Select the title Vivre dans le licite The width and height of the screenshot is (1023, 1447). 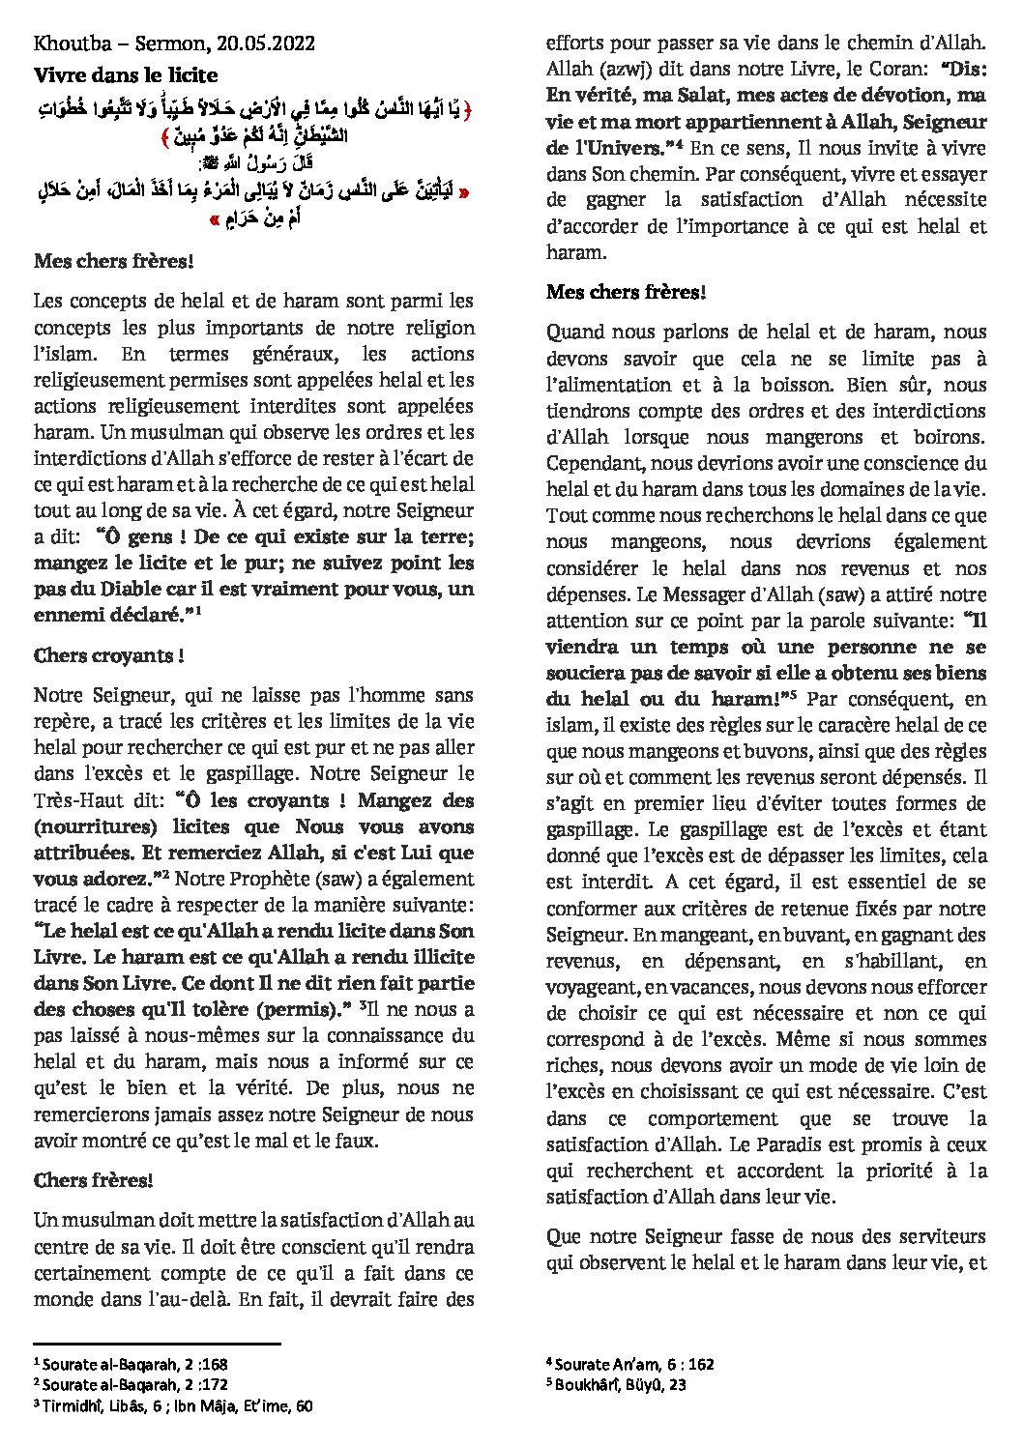click(x=126, y=74)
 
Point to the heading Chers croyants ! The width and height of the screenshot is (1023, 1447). click(x=108, y=655)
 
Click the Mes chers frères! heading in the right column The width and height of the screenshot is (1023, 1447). click(x=626, y=292)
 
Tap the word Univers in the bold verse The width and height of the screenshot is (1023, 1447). click(x=624, y=148)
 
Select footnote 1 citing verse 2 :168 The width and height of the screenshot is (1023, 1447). click(x=131, y=1365)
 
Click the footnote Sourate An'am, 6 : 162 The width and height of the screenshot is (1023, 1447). click(x=630, y=1364)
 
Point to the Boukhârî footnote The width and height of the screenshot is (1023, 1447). click(x=616, y=1384)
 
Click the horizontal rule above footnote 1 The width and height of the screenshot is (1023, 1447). click(x=157, y=1344)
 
